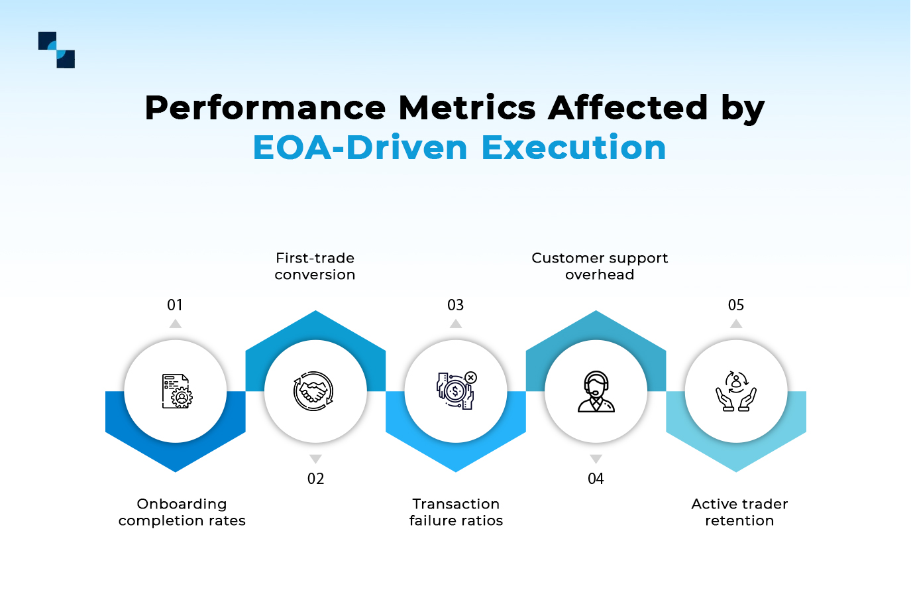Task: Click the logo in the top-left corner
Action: [x=56, y=50]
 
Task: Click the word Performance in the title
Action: [x=265, y=108]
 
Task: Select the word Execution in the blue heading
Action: [x=574, y=148]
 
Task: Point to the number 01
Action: [x=175, y=305]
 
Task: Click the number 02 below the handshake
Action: [x=315, y=479]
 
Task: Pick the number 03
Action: [x=456, y=305]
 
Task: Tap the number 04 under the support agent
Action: [x=596, y=479]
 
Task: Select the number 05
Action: [x=736, y=305]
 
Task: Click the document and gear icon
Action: [x=176, y=391]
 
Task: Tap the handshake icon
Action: [x=314, y=391]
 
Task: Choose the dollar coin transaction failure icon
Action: [x=456, y=391]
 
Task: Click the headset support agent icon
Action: [x=596, y=392]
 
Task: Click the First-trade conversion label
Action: [x=315, y=267]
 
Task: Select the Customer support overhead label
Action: [x=600, y=267]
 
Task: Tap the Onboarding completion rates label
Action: [x=182, y=512]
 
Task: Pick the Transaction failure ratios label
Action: [x=456, y=512]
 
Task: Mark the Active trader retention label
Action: [x=739, y=512]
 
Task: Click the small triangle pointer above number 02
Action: [x=315, y=459]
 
